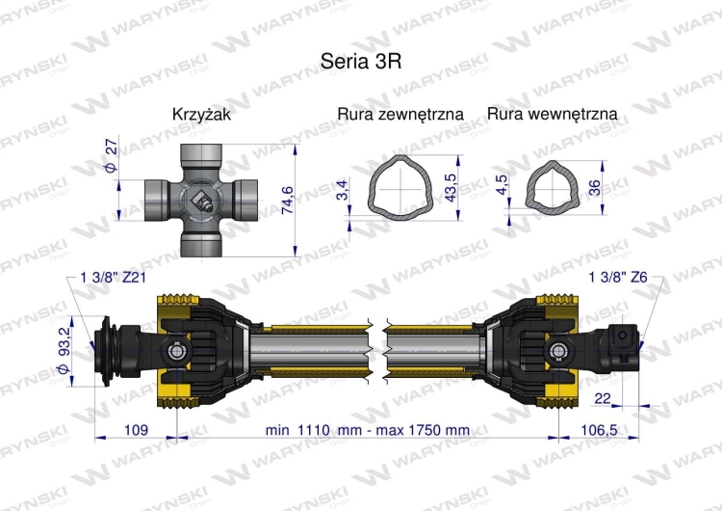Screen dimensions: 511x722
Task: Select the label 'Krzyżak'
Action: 201,114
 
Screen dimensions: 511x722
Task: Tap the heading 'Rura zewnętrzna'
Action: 400,114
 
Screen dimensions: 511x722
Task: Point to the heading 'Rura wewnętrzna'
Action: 553,114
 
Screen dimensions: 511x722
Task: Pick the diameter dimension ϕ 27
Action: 110,155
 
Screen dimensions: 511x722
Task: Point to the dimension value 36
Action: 594,186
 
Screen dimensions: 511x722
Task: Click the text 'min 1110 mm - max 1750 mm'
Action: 367,429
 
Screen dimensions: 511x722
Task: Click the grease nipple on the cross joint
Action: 203,202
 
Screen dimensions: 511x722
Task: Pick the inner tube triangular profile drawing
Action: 549,184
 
